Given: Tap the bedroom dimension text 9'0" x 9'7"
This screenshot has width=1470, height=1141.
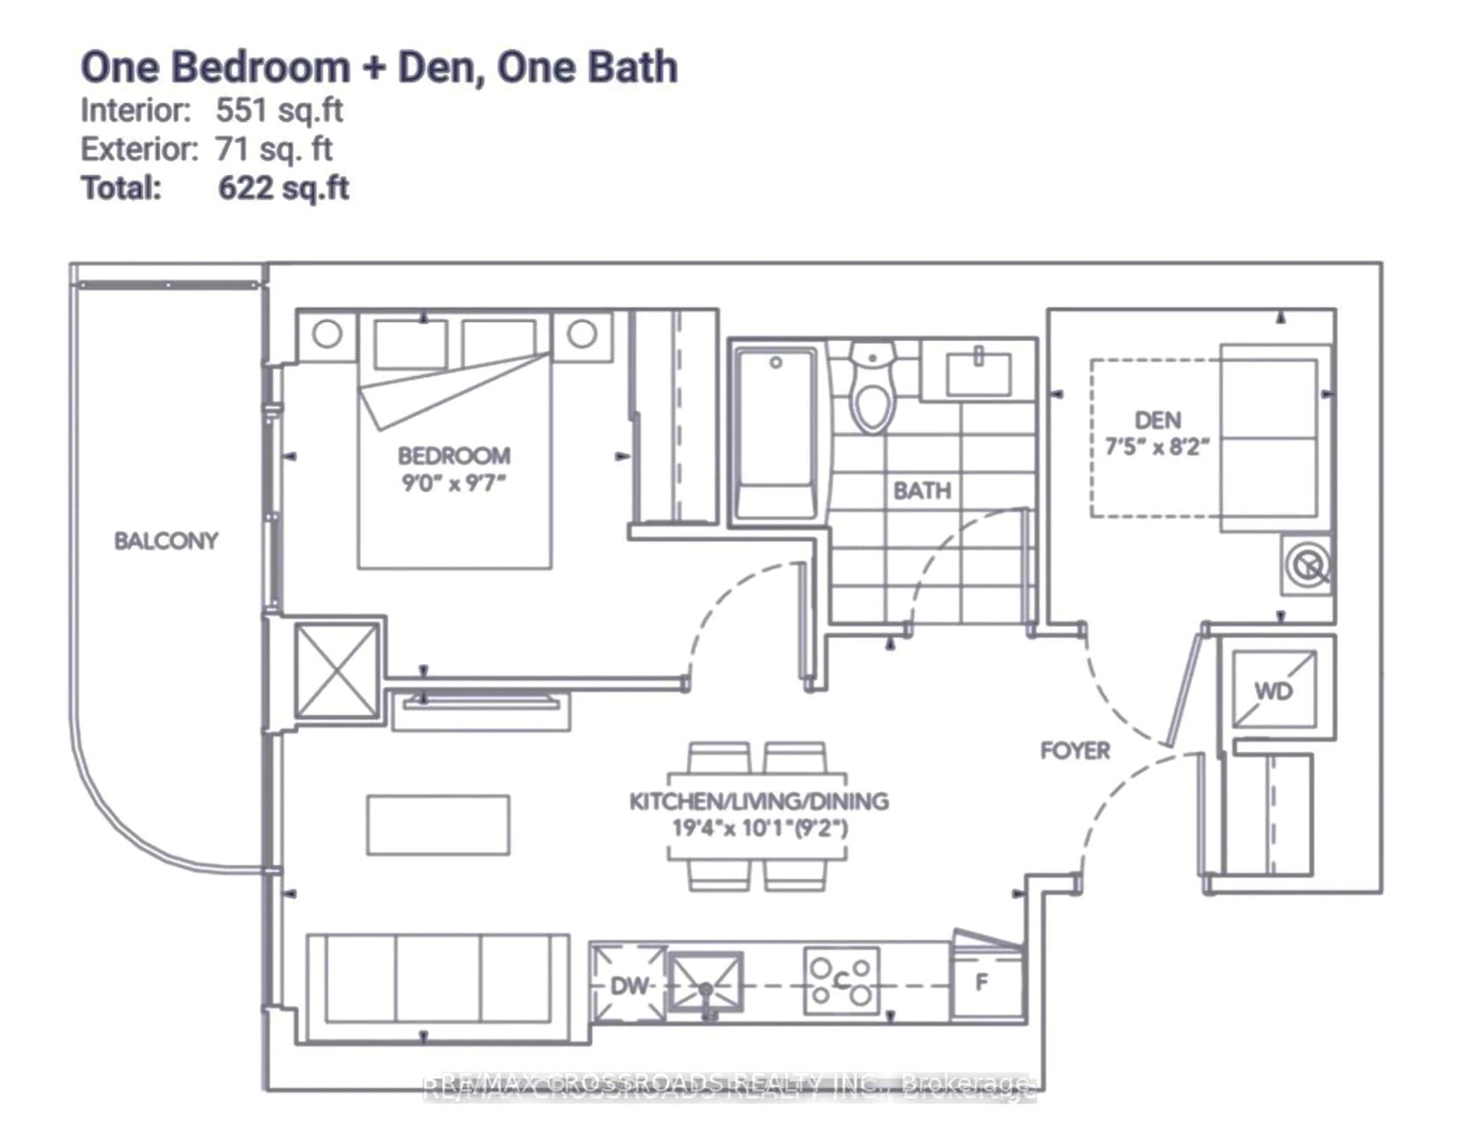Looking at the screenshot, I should coord(454,483).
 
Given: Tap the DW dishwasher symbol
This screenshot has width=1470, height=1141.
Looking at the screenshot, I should coord(629,986).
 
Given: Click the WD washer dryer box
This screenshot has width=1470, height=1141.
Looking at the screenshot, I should coord(1274,690).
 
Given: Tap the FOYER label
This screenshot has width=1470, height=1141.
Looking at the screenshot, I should coord(1075,750).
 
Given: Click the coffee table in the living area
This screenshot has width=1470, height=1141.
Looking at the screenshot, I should coord(438,825).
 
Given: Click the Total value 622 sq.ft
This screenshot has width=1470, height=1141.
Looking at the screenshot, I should coord(283,188).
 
